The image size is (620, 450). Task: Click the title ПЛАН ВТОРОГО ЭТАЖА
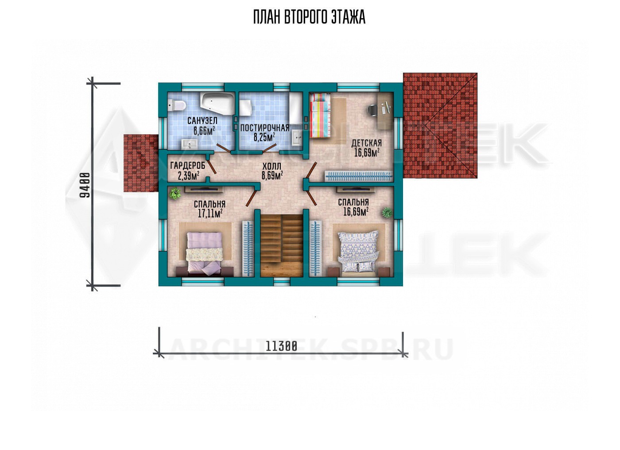pyautogui.click(x=309, y=17)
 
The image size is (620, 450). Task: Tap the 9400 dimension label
pyautogui.click(x=85, y=185)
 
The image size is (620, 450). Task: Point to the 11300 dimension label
pyautogui.click(x=281, y=346)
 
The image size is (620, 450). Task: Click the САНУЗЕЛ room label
pyautogui.click(x=202, y=120)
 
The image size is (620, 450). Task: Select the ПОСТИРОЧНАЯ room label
pyautogui.click(x=265, y=128)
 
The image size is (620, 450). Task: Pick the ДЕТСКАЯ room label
pyautogui.click(x=367, y=143)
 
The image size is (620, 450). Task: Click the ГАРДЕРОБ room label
pyautogui.click(x=188, y=166)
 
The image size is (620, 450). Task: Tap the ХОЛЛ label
pyautogui.click(x=271, y=167)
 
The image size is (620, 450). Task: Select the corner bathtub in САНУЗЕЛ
pyautogui.click(x=217, y=105)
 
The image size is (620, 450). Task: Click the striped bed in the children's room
pyautogui.click(x=320, y=116)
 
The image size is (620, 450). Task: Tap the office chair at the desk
pyautogui.click(x=372, y=110)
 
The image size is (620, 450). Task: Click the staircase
pyautogui.click(x=282, y=246)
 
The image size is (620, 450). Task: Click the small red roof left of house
pyautogui.click(x=141, y=163)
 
